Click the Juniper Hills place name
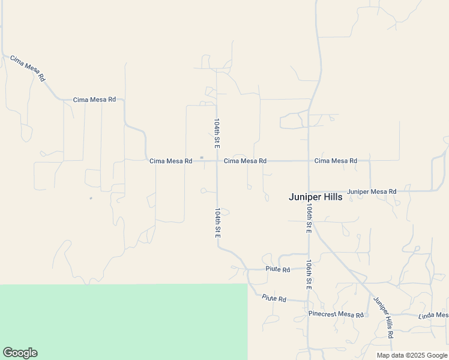tap(315, 197)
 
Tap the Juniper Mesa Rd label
tap(372, 191)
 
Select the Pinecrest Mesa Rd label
tap(336, 314)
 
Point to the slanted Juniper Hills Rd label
tap(383, 317)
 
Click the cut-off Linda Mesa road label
tap(433, 315)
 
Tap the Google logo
tap(20, 353)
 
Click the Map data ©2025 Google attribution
tap(412, 355)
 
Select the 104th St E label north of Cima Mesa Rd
tap(217, 133)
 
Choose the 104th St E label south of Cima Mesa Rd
tap(217, 223)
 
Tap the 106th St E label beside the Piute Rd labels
tap(308, 275)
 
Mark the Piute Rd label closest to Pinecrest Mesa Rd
tap(274, 298)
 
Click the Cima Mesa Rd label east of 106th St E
tap(336, 161)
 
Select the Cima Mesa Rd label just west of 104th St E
tap(170, 161)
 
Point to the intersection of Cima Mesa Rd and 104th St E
tap(217, 161)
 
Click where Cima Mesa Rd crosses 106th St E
tap(309, 161)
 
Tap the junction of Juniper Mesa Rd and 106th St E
tap(309, 191)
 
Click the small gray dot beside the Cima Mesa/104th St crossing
tap(202, 158)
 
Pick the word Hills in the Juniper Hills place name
tap(330, 197)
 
